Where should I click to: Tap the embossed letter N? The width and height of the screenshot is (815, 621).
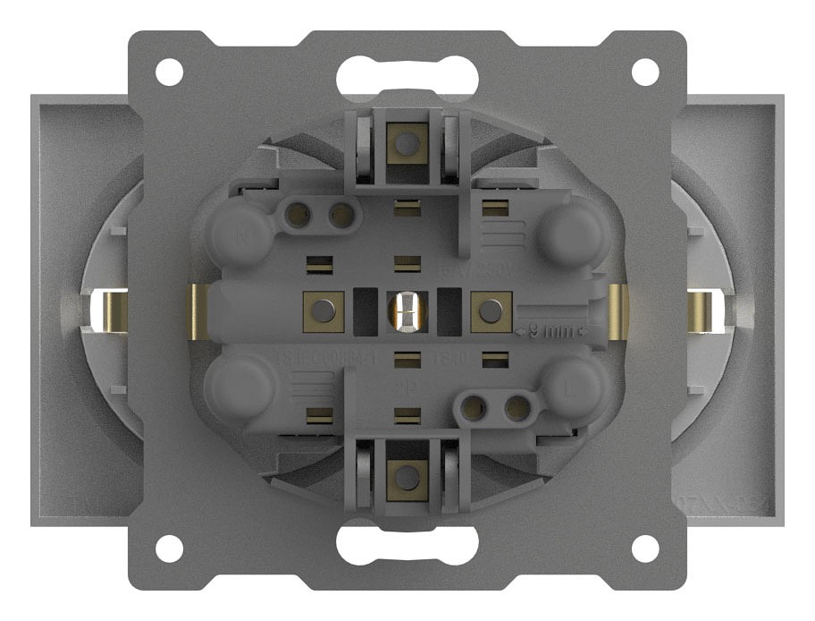pos(240,238)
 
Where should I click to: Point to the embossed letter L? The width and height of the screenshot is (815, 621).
pos(573,390)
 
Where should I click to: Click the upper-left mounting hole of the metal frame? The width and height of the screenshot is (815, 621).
pos(168,72)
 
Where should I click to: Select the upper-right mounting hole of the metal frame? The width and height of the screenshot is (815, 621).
pos(645,72)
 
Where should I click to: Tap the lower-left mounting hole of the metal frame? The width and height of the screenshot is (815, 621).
pos(168,547)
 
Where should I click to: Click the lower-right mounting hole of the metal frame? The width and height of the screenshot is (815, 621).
pos(645,547)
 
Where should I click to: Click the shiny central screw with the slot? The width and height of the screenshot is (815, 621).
pos(407,312)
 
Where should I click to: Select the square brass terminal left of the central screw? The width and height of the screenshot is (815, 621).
pos(323,310)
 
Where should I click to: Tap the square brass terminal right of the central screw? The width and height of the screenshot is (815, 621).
pos(489,310)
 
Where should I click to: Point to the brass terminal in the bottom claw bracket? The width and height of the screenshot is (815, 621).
pos(407,476)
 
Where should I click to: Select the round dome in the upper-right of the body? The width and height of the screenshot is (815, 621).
pos(573,231)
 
